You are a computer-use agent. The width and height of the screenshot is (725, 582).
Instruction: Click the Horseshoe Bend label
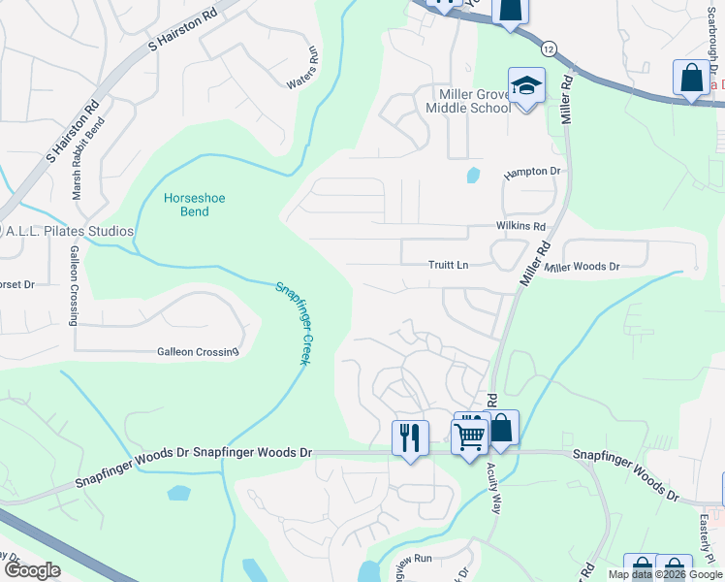pyautogui.click(x=194, y=205)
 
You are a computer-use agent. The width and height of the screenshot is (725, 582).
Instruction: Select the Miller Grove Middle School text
pyautogui.click(x=469, y=100)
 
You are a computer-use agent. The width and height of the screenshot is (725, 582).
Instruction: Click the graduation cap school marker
pyautogui.click(x=526, y=86)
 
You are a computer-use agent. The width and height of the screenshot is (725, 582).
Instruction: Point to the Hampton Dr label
pyautogui.click(x=532, y=173)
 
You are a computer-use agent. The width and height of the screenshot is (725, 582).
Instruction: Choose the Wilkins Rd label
pyautogui.click(x=521, y=226)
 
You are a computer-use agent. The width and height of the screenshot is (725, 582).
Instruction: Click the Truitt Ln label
pyautogui.click(x=449, y=265)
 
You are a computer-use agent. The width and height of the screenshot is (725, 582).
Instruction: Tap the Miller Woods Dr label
pyautogui.click(x=582, y=267)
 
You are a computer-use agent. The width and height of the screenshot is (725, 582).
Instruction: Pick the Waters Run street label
pyautogui.click(x=302, y=69)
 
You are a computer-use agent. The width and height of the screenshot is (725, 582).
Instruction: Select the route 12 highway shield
pyautogui.click(x=550, y=48)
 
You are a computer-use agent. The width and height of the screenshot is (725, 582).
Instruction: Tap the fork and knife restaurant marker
pyautogui.click(x=410, y=437)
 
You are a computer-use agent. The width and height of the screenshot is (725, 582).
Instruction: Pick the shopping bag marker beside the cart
pyautogui.click(x=502, y=428)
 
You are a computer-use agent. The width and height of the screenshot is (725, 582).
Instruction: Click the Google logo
pyautogui.click(x=33, y=570)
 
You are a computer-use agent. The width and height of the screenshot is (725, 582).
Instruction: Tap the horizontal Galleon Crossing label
pyautogui.click(x=198, y=352)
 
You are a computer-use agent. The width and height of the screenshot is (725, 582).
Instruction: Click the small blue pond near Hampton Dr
pyautogui.click(x=473, y=176)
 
